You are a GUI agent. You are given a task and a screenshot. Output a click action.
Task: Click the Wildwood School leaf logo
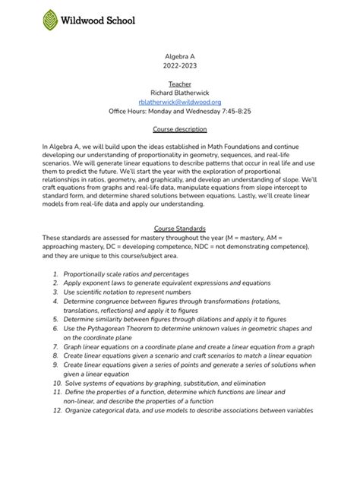point(51,21)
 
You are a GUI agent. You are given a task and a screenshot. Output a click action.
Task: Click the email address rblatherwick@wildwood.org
point(179,101)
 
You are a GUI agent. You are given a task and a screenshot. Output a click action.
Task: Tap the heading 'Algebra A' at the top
point(180,57)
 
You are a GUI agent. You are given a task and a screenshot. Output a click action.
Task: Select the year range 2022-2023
point(180,68)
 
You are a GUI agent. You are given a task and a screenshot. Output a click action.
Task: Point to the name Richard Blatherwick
point(180,91)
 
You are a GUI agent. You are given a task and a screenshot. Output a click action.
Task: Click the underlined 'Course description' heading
point(180,128)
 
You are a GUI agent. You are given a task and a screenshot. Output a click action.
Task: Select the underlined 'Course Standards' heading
point(180,228)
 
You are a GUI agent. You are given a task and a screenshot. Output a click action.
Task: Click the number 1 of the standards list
point(56,273)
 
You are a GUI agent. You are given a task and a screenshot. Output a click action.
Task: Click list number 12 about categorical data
point(57,410)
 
